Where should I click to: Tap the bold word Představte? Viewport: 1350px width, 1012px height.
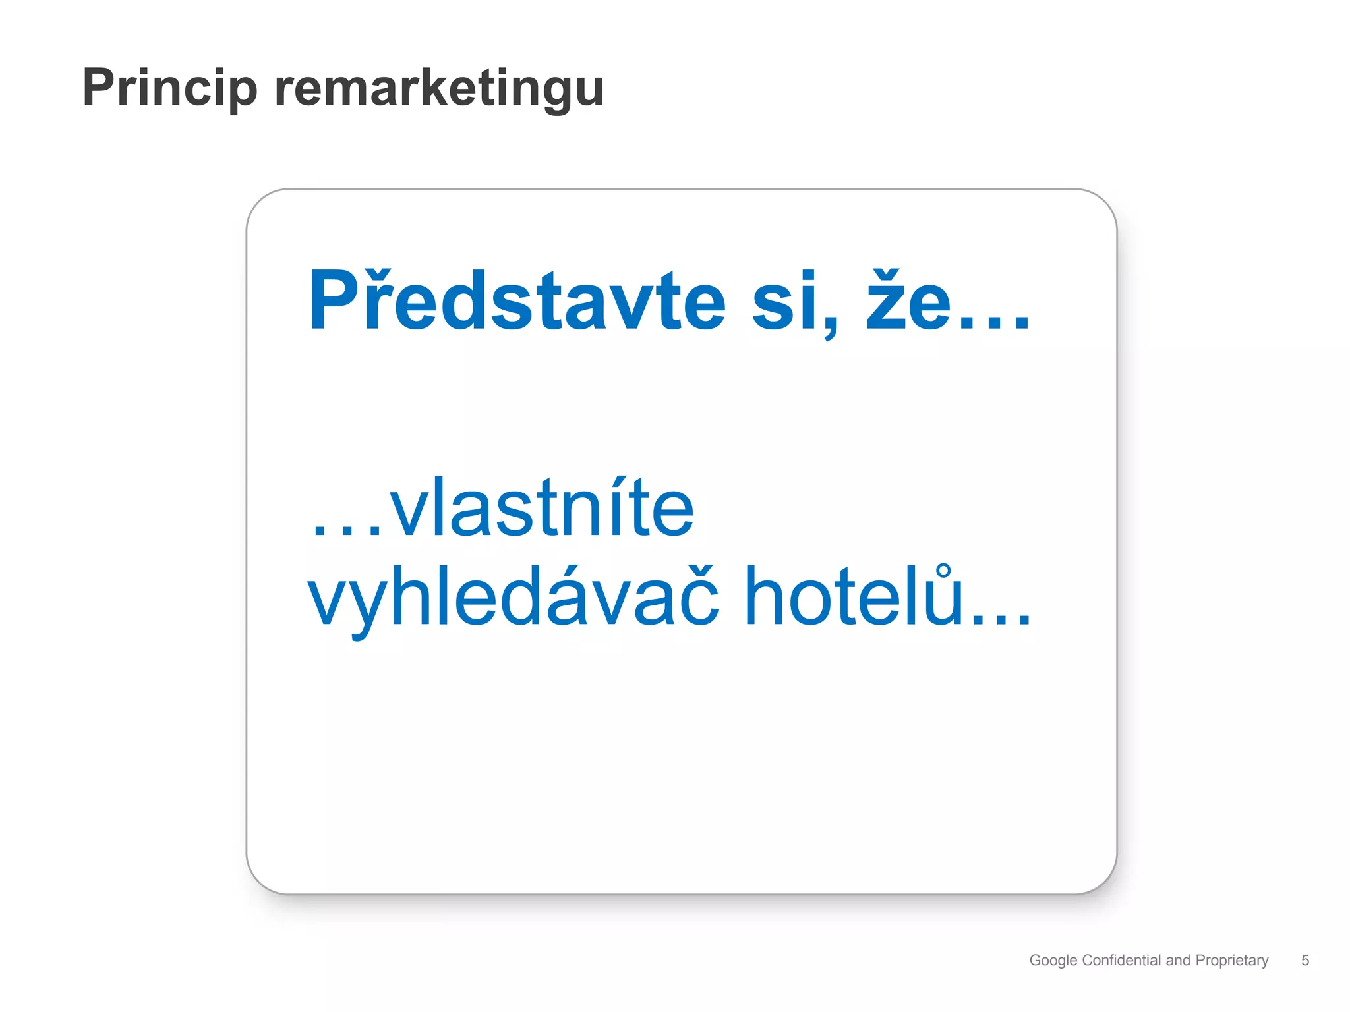pyautogui.click(x=517, y=300)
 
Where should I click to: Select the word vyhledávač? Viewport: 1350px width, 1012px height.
pyautogui.click(x=513, y=597)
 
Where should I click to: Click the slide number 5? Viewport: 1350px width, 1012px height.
pyautogui.click(x=1305, y=960)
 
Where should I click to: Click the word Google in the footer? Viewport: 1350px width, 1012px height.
pyautogui.click(x=1053, y=961)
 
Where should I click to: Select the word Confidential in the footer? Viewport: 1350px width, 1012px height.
pyautogui.click(x=1122, y=960)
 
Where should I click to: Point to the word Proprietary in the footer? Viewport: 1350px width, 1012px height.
pyautogui.click(x=1231, y=961)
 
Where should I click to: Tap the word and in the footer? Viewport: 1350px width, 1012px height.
pyautogui.click(x=1178, y=960)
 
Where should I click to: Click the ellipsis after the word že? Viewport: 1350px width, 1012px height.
pyautogui.click(x=994, y=323)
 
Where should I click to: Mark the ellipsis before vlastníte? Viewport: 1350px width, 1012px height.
pyautogui.click(x=347, y=530)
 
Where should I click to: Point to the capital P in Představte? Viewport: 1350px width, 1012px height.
pyautogui.click(x=333, y=300)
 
